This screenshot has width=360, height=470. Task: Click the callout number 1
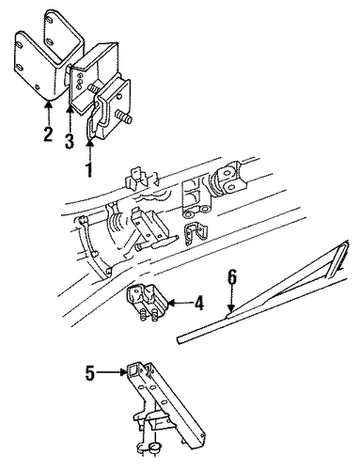[89, 169]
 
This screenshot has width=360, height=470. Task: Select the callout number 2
[48, 133]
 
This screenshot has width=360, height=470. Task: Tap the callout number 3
[70, 141]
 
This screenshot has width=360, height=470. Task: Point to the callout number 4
[198, 304]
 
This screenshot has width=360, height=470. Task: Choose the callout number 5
[90, 373]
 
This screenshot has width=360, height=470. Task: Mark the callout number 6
[232, 276]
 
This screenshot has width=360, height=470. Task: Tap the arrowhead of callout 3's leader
[70, 110]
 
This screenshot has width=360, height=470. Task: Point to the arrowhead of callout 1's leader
[90, 144]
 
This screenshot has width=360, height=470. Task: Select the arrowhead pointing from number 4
[172, 303]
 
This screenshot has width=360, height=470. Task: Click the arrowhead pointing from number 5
[124, 372]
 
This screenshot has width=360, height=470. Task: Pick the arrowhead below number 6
[231, 308]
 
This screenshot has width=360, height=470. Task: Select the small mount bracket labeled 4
[147, 298]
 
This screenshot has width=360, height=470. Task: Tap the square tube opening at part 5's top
[135, 371]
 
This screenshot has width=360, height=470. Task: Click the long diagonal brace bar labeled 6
[263, 294]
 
